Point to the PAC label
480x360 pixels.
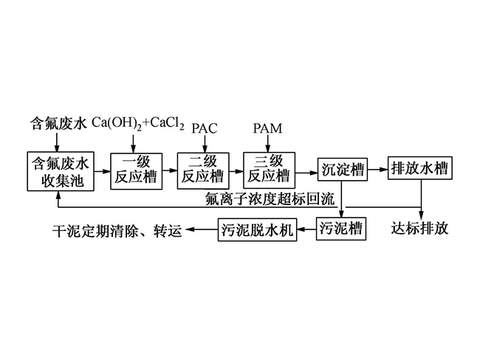[205, 128]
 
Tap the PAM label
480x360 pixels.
[267, 128]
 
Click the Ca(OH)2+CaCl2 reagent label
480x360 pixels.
[138, 124]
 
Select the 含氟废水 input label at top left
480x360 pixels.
[58, 124]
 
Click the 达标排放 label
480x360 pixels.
[419, 229]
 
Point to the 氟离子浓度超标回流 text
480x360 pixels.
[270, 199]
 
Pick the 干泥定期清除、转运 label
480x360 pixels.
[117, 231]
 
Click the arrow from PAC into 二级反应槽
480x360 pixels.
[205, 144]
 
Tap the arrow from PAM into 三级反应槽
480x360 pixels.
[268, 143]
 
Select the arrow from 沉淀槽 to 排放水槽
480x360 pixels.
[378, 169]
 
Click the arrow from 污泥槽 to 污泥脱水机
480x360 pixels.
[306, 229]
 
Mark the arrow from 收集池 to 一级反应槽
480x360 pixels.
[102, 171]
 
